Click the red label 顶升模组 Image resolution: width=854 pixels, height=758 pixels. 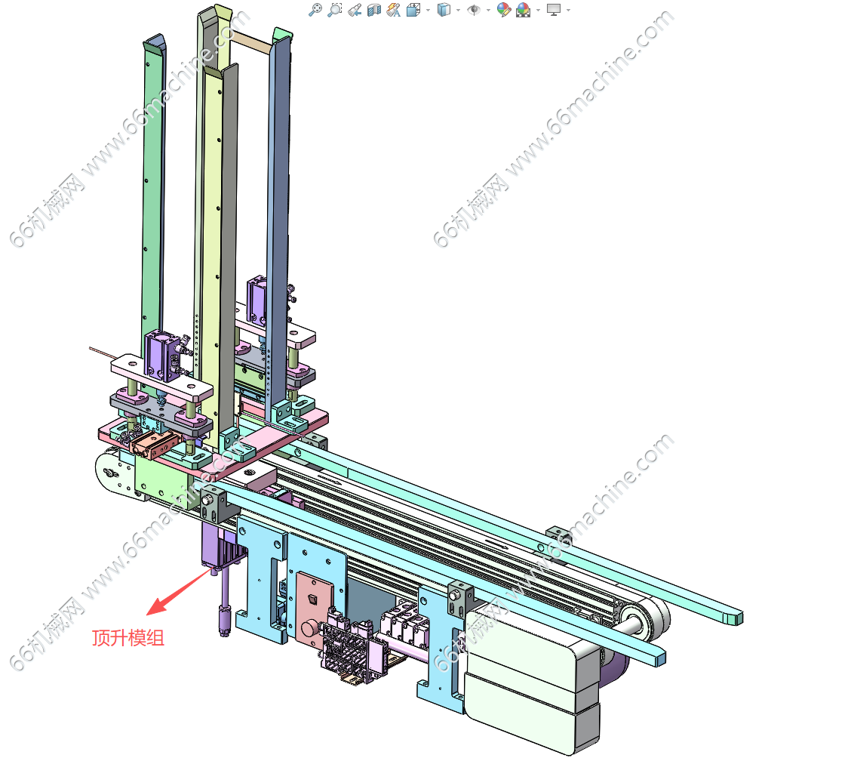tap(128, 637)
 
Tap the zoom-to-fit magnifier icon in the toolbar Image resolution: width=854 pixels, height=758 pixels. tap(315, 10)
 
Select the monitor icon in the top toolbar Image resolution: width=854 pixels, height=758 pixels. tap(553, 10)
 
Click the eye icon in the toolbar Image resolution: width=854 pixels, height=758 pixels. tap(474, 10)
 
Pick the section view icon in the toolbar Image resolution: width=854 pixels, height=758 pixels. tap(373, 10)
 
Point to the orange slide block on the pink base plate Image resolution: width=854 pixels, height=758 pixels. tap(155, 444)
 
